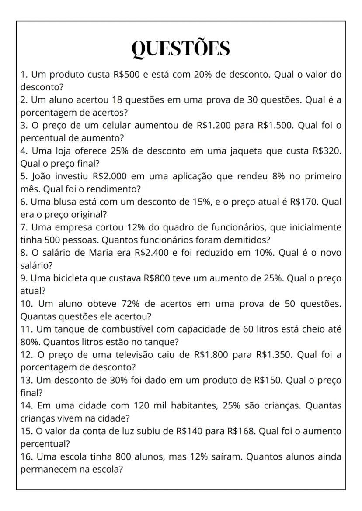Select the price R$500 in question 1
[x=126, y=74]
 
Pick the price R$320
[x=327, y=151]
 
